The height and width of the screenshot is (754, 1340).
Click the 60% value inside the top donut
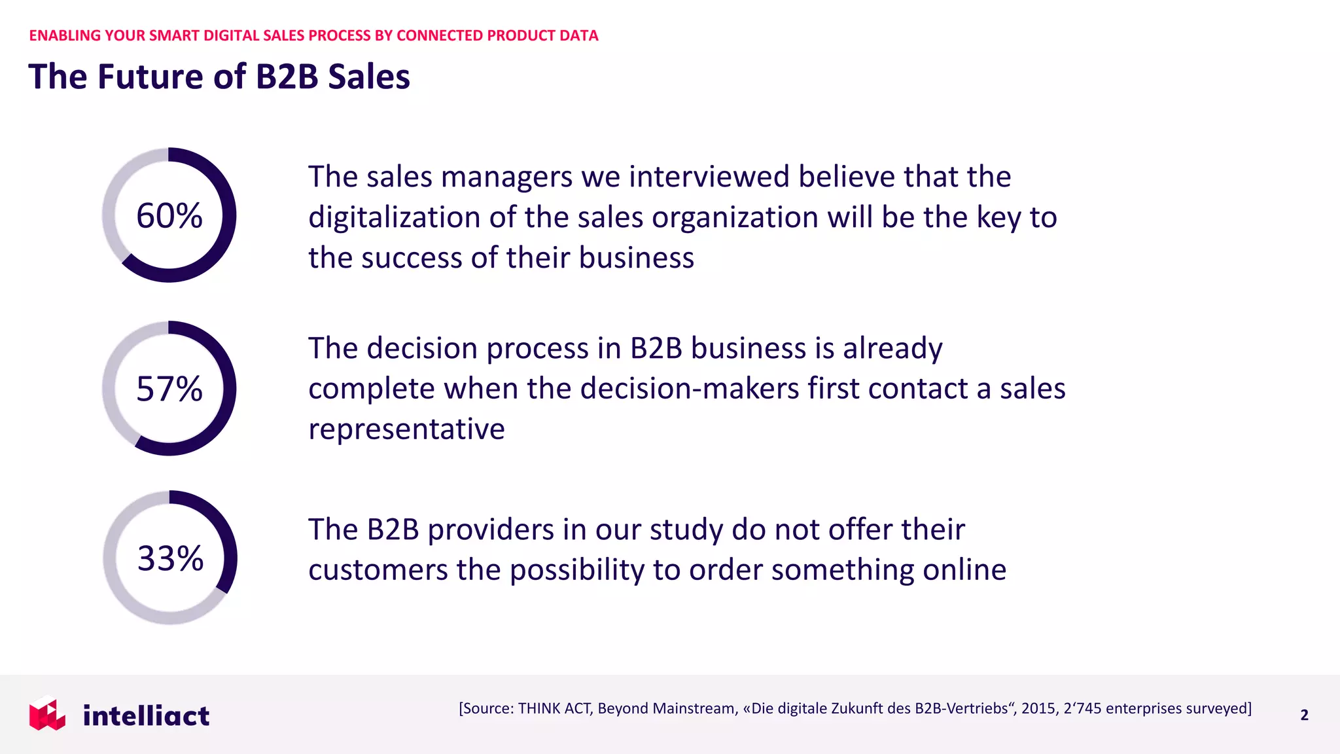169,215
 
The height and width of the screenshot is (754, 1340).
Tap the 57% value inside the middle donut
169,389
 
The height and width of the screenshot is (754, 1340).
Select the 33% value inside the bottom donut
170,558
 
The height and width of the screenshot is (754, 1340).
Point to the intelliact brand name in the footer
146,715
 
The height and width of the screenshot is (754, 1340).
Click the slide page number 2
1304,715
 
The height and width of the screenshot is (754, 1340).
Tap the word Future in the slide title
151,77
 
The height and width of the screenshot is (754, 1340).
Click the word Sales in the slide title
369,77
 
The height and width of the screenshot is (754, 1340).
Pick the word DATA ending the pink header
579,35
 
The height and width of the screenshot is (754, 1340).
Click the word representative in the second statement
406,429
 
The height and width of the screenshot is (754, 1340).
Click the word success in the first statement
412,258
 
